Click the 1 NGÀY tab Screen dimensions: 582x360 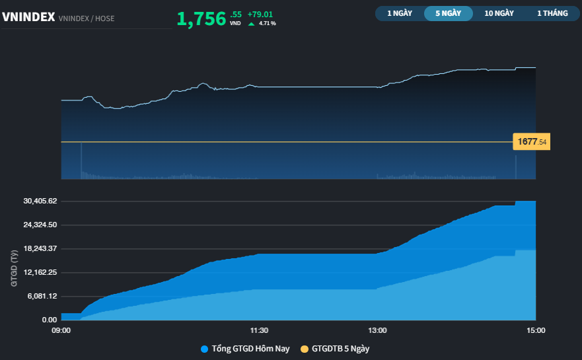click(x=400, y=13)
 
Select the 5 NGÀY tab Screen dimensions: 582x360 click(x=449, y=13)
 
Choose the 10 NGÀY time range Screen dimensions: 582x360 click(x=499, y=13)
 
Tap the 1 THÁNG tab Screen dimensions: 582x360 click(x=552, y=13)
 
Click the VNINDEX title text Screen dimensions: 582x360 click(x=28, y=17)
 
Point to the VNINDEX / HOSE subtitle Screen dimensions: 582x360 click(x=87, y=18)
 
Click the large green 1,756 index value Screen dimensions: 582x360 click(x=201, y=19)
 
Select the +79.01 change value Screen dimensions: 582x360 click(x=260, y=15)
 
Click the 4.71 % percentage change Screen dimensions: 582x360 click(x=268, y=23)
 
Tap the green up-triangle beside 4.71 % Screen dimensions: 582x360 click(x=251, y=24)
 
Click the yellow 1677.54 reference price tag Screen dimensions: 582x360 click(x=532, y=141)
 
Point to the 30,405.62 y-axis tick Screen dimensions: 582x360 click(x=40, y=201)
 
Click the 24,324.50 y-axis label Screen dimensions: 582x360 click(x=40, y=225)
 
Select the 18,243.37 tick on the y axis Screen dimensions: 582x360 click(x=40, y=248)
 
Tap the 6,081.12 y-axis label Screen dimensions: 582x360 click(x=42, y=296)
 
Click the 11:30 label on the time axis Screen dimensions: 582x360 click(x=259, y=330)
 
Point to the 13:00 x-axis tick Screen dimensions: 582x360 click(x=377, y=330)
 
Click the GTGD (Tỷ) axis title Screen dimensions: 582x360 click(x=14, y=268)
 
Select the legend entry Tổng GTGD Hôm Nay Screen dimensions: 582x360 click(x=245, y=349)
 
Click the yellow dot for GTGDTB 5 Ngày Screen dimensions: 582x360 click(x=305, y=349)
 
